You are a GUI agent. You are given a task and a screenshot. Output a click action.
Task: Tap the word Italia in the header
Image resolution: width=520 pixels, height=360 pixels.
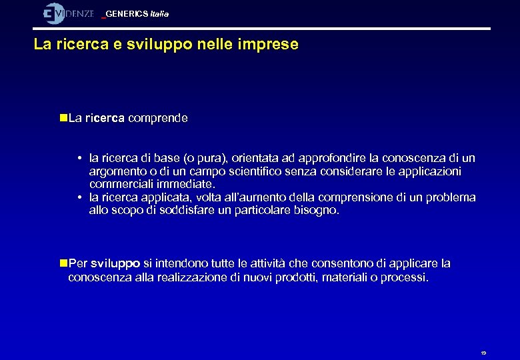(x=160, y=14)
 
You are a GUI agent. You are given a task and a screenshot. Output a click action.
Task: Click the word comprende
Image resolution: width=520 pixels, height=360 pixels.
(x=158, y=118)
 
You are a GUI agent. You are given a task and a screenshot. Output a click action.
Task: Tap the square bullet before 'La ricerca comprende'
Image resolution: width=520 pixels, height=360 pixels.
(x=63, y=118)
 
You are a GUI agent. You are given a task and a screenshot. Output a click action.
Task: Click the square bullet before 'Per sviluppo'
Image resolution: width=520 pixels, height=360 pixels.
(x=63, y=264)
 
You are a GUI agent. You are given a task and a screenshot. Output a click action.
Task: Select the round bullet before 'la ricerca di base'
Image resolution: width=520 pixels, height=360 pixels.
(x=79, y=159)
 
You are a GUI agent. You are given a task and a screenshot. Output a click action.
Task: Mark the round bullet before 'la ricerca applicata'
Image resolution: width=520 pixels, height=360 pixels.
(x=79, y=197)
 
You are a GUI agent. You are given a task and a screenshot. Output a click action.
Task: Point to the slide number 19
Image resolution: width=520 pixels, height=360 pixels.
(x=483, y=353)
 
